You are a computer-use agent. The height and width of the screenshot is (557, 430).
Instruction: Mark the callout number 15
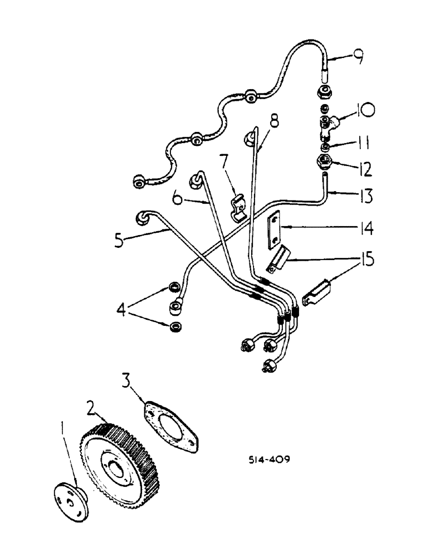point(363,260)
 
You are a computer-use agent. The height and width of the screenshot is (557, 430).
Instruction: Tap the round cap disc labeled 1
point(70,501)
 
